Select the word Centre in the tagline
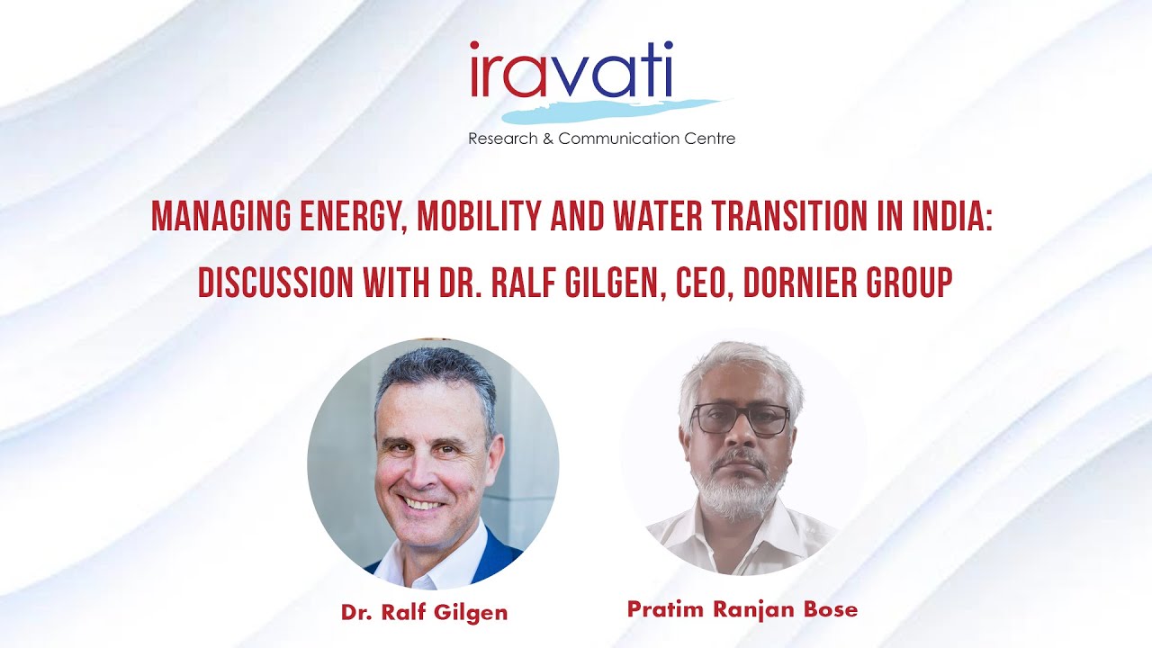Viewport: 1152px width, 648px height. pyautogui.click(x=709, y=139)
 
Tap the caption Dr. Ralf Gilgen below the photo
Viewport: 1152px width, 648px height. pyautogui.click(x=424, y=613)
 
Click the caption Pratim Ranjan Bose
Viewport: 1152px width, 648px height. pyautogui.click(x=742, y=609)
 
